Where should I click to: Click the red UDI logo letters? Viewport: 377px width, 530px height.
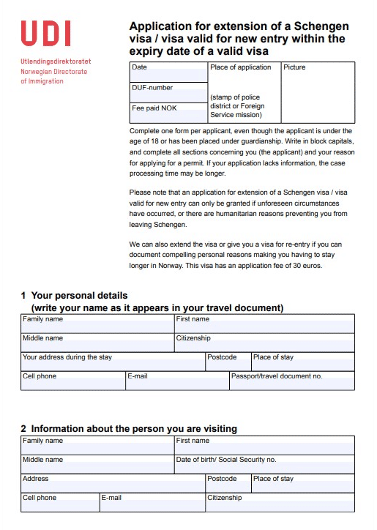click(x=46, y=34)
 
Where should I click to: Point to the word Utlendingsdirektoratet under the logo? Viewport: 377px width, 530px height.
click(x=56, y=62)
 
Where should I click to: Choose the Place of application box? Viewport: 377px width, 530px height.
click(x=244, y=92)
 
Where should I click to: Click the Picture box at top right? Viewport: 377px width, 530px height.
click(x=317, y=92)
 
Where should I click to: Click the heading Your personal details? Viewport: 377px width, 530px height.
click(x=79, y=296)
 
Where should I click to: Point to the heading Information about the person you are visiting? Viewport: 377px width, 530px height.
click(x=134, y=428)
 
